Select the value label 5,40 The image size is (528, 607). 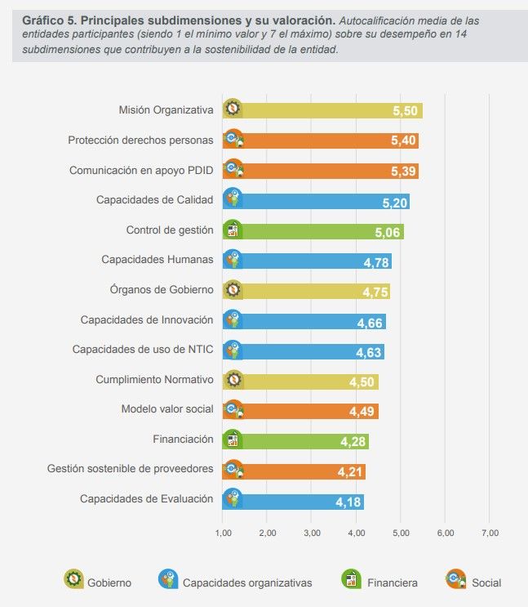(403, 141)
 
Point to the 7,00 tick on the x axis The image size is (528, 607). (489, 533)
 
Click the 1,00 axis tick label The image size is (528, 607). (223, 533)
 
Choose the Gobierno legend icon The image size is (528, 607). (73, 580)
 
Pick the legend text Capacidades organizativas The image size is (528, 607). (246, 583)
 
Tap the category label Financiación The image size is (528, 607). (183, 440)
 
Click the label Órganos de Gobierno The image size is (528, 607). (162, 290)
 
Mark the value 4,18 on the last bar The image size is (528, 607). (348, 502)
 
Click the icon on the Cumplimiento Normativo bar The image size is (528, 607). (233, 380)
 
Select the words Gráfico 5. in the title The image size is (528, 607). (48, 19)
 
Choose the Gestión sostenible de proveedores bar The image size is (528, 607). (294, 471)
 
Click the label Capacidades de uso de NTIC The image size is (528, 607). (143, 350)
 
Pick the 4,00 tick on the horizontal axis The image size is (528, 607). (356, 533)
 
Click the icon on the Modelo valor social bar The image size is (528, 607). (233, 410)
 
